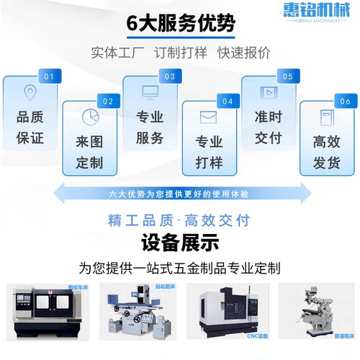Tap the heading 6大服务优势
click(x=180, y=23)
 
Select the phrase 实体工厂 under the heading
click(x=116, y=53)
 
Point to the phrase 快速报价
click(x=244, y=53)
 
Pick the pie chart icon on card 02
click(x=89, y=116)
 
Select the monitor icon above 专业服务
click(x=150, y=92)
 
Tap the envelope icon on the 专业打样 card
click(x=209, y=116)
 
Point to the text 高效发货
click(x=328, y=152)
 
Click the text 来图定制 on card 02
click(x=89, y=152)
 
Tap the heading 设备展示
click(x=180, y=240)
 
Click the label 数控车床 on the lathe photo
click(x=69, y=287)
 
